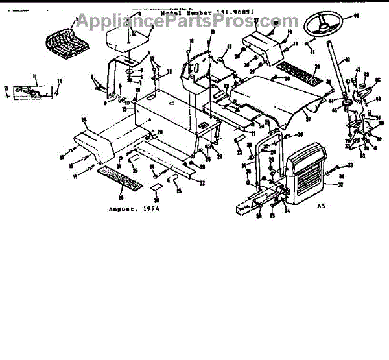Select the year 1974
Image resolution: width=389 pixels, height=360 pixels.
click(150, 210)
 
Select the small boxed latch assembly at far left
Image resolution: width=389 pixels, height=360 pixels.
click(30, 90)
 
